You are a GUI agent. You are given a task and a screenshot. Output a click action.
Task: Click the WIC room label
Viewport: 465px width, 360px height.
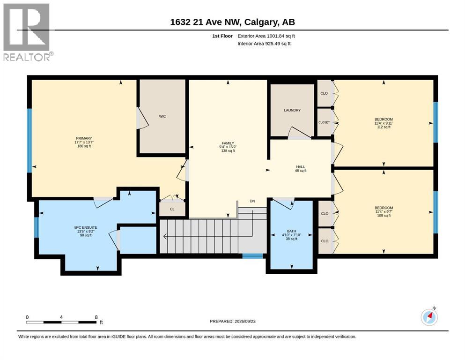pyautogui.click(x=162, y=116)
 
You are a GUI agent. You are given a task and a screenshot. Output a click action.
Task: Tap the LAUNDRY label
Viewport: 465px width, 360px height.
pyautogui.click(x=292, y=110)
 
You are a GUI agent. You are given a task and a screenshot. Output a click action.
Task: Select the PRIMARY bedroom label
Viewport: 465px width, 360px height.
pyautogui.click(x=84, y=138)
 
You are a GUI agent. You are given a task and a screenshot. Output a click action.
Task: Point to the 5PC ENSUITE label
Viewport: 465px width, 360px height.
pyautogui.click(x=86, y=228)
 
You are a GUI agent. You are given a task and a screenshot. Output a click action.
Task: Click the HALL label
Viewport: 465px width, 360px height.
pyautogui.click(x=301, y=167)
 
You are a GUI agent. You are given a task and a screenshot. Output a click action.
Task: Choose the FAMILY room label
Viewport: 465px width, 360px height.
pyautogui.click(x=228, y=143)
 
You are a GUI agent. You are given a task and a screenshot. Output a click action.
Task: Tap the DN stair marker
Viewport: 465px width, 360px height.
pyautogui.click(x=252, y=201)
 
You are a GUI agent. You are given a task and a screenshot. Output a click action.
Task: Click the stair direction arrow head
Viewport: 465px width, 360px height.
pyautogui.click(x=165, y=236)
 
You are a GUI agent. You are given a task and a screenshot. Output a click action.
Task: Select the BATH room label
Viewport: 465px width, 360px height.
pyautogui.click(x=291, y=231)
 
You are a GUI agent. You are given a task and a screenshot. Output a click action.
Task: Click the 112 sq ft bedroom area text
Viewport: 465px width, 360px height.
pyautogui.click(x=384, y=127)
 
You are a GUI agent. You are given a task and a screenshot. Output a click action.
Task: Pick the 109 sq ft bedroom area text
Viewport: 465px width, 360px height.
pyautogui.click(x=384, y=216)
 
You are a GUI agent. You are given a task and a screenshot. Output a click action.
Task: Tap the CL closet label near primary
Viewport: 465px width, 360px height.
pyautogui.click(x=172, y=209)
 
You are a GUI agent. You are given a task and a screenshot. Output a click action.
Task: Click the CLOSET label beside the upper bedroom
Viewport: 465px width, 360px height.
pyautogui.click(x=324, y=122)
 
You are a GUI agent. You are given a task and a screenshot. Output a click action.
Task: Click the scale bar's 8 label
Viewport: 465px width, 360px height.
pyautogui.click(x=96, y=317)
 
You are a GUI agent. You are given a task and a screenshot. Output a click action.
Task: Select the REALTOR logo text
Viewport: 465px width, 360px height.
pyautogui.click(x=27, y=57)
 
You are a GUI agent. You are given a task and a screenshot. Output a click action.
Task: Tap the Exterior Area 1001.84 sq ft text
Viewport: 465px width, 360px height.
pyautogui.click(x=266, y=36)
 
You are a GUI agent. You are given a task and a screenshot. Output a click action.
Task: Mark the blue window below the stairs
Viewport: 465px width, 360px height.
pyautogui.click(x=253, y=256)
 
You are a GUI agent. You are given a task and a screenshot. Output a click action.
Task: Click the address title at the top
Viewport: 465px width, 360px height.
pyautogui.click(x=232, y=22)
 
